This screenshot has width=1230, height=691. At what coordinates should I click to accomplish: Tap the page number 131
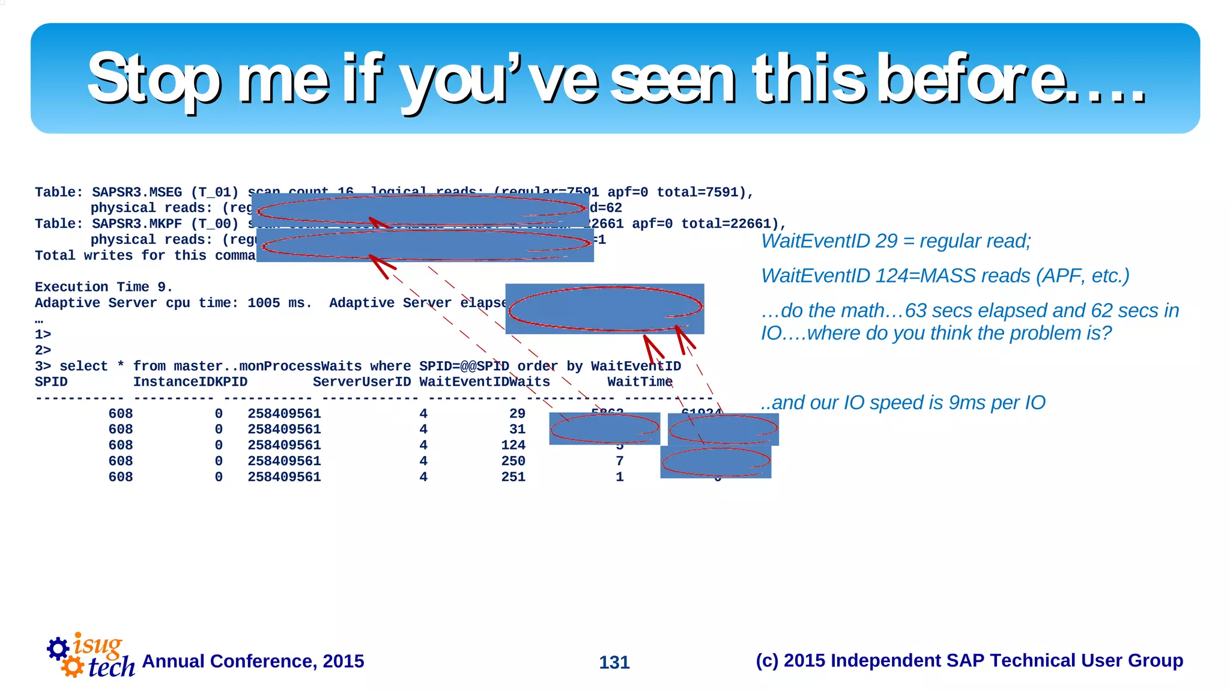pos(614,662)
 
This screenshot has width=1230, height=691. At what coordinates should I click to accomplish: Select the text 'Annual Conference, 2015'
pos(253,661)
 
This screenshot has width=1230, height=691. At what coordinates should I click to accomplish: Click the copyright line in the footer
pos(969,660)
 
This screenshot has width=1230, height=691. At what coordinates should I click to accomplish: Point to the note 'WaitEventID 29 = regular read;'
pos(895,241)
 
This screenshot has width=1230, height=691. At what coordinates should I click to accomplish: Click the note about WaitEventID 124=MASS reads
pos(945,276)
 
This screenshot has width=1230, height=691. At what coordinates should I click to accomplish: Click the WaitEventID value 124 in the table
pos(513,445)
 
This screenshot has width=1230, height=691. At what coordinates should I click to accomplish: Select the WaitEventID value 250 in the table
pos(513,461)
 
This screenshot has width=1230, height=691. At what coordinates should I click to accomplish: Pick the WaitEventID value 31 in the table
pos(517,429)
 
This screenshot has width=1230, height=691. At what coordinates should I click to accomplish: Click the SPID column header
pos(51,382)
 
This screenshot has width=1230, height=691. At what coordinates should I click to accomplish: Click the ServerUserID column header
pos(362,382)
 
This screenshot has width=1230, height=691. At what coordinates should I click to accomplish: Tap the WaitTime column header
pos(640,382)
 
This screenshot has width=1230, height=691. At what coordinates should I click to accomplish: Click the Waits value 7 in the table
pos(619,461)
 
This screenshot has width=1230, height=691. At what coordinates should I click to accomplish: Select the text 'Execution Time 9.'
pos(103,287)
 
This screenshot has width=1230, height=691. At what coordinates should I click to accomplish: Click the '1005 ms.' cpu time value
pos(279,303)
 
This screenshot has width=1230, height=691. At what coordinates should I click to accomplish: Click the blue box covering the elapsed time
pos(604,309)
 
